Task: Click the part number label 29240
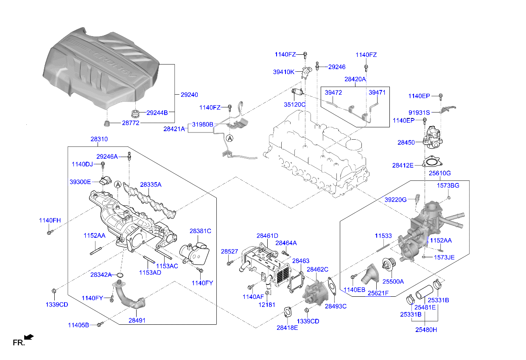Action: click(x=189, y=95)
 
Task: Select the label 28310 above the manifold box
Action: click(x=99, y=139)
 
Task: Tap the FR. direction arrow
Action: click(x=29, y=337)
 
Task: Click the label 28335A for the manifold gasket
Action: click(x=151, y=185)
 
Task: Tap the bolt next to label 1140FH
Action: click(x=50, y=232)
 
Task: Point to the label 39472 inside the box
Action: click(x=333, y=93)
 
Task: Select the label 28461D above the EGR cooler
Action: click(x=267, y=236)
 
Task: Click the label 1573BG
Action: click(x=448, y=186)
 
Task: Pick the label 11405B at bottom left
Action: click(x=78, y=325)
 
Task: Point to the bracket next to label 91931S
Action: click(x=445, y=110)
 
